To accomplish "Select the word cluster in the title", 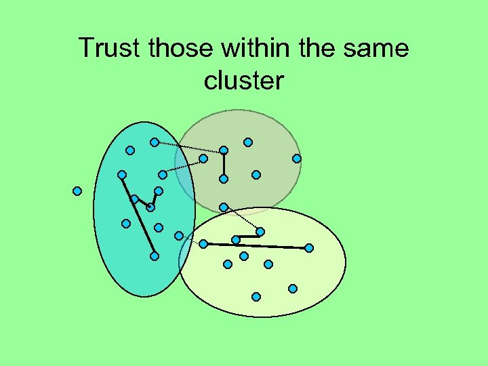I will click(x=243, y=81).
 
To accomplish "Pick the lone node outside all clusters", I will click(x=77, y=191).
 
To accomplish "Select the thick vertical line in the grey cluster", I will click(x=224, y=165).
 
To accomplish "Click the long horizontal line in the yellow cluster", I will click(x=256, y=245).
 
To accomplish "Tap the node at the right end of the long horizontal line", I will click(x=309, y=248).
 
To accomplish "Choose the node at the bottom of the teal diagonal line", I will click(x=155, y=256).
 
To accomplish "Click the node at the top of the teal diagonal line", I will click(x=122, y=175).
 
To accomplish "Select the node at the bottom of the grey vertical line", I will click(x=224, y=179).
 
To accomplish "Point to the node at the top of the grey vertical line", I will click(x=224, y=150).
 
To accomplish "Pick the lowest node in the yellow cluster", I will click(x=256, y=297).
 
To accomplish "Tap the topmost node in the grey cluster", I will click(x=248, y=142).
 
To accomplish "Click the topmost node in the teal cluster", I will click(x=155, y=142).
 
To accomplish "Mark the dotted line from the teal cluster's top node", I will click(x=189, y=146).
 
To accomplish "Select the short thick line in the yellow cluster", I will click(x=248, y=236).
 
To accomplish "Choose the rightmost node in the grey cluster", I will click(x=297, y=159).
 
